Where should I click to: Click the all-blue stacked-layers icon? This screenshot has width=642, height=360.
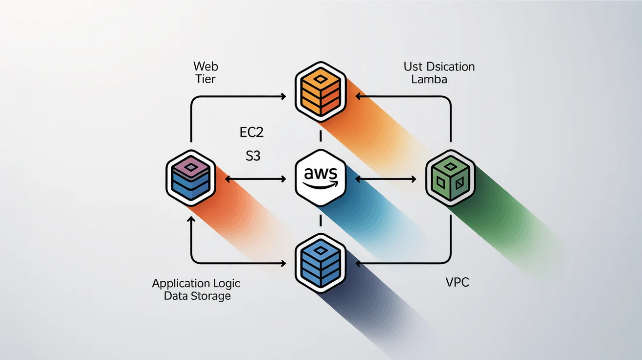point(321,264)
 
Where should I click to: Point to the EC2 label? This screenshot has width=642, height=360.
point(250,133)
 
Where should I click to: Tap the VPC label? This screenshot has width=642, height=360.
point(457,282)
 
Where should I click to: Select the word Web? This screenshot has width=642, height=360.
point(206,66)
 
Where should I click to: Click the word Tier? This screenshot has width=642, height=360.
point(206,79)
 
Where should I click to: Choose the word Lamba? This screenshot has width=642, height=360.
point(429,79)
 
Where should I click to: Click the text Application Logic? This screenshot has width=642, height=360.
point(196,284)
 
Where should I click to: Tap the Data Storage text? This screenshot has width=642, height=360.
point(197,296)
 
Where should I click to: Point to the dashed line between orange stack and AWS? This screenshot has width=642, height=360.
point(321,135)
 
